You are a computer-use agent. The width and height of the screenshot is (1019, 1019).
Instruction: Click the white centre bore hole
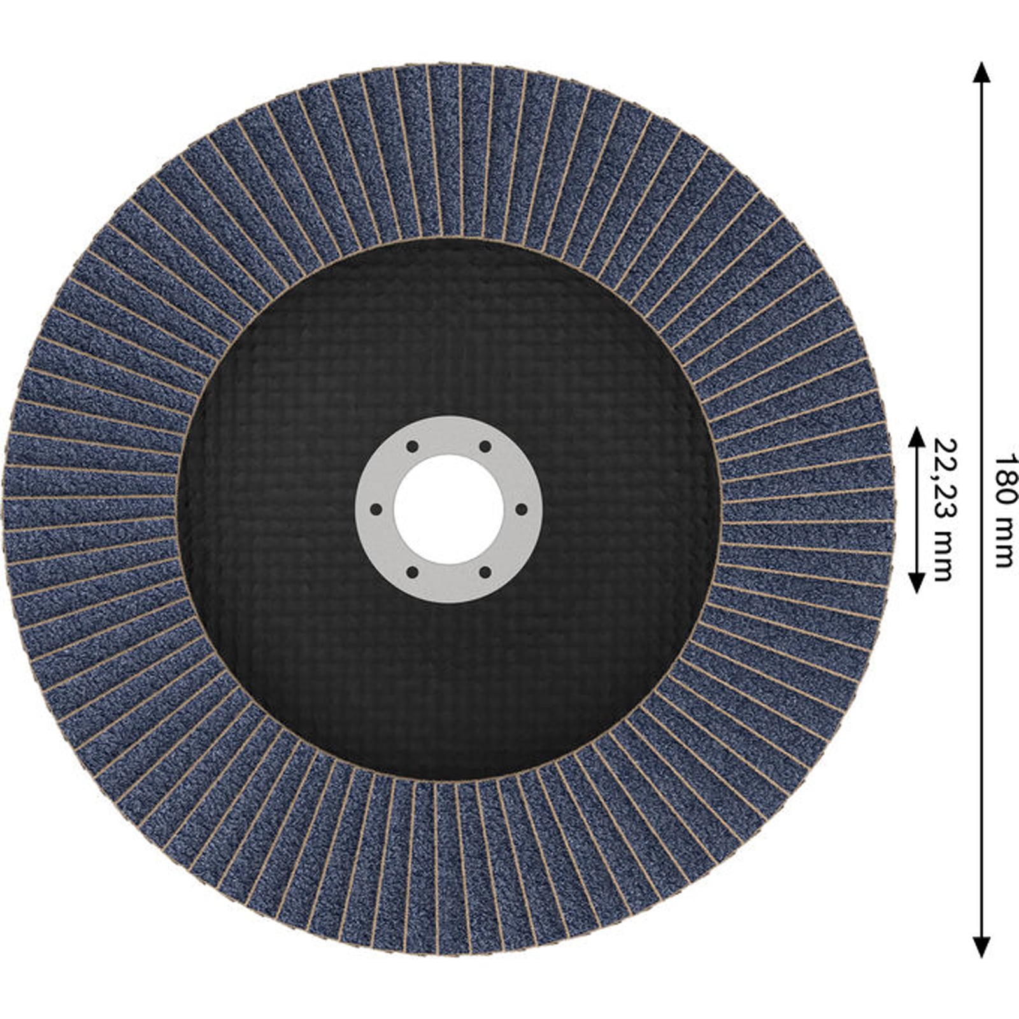(x=449, y=509)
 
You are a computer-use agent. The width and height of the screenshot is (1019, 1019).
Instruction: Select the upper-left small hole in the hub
(x=412, y=446)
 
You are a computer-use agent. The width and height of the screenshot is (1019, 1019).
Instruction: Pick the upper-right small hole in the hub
(x=485, y=446)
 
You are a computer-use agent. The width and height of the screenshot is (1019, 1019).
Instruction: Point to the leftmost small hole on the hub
(x=376, y=509)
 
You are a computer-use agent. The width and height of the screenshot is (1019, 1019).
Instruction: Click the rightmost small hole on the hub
(x=522, y=509)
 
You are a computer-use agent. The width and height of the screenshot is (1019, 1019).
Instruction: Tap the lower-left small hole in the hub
(x=412, y=573)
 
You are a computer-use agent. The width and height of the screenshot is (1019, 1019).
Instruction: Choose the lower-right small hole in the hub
(x=485, y=573)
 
